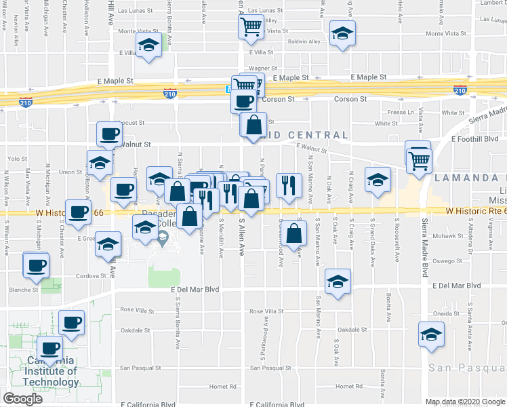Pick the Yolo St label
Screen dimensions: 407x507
click(x=16, y=158)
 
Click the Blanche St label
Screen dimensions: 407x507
click(x=25, y=290)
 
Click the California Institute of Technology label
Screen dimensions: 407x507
click(x=50, y=371)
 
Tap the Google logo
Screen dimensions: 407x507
click(x=22, y=399)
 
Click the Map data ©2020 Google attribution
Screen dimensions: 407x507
click(x=464, y=402)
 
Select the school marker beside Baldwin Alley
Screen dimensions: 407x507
click(x=343, y=35)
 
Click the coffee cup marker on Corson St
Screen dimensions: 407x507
click(x=243, y=102)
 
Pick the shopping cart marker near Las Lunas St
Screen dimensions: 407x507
click(x=251, y=28)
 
